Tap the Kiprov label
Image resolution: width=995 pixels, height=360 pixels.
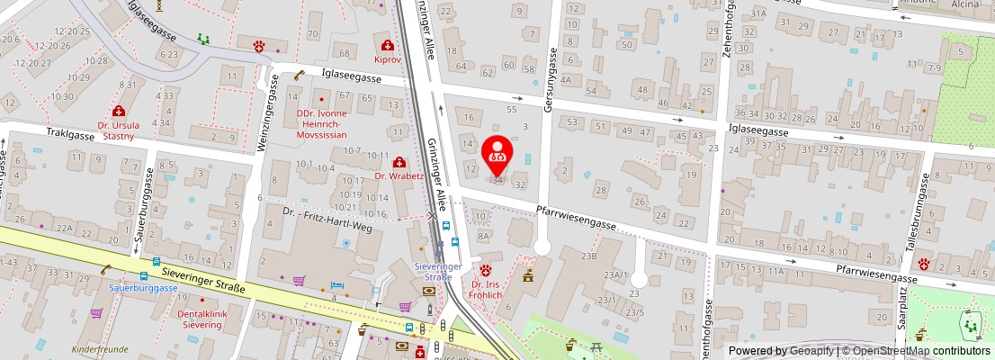(387, 60)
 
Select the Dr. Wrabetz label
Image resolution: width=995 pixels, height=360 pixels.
(399, 176)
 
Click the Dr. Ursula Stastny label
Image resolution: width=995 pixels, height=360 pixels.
(118, 130)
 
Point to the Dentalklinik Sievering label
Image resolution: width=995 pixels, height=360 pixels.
(197, 319)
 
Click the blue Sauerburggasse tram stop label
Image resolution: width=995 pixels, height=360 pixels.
(144, 288)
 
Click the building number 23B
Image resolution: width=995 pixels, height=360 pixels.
(589, 256)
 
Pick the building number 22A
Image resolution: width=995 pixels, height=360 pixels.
(64, 229)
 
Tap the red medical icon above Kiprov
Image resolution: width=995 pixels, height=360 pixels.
(388, 45)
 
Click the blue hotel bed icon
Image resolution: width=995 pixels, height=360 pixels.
(337, 285)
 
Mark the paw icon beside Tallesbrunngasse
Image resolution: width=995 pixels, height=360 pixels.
(926, 264)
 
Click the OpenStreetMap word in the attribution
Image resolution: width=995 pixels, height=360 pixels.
(892, 351)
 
